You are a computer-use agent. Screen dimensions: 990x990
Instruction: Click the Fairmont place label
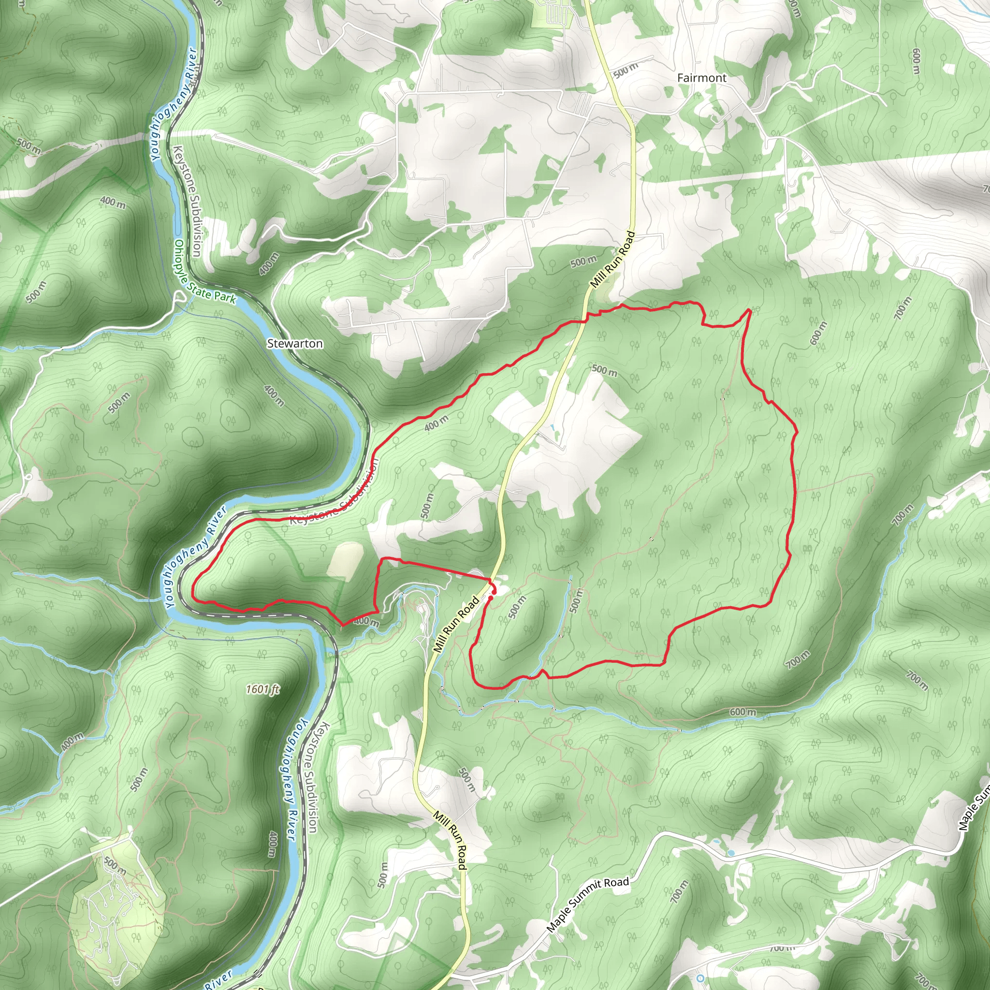click(x=701, y=78)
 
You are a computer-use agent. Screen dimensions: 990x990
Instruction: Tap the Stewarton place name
click(x=295, y=343)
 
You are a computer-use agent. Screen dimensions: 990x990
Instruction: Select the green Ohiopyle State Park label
click(x=205, y=272)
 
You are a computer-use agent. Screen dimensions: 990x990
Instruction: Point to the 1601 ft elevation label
click(x=262, y=689)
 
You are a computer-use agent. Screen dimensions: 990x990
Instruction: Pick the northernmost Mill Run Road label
click(x=612, y=259)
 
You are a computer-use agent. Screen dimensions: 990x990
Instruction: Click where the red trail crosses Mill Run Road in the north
click(x=586, y=321)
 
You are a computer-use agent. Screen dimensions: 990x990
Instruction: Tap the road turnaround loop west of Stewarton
click(x=179, y=296)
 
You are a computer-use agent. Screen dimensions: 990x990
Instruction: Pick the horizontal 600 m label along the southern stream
click(x=742, y=712)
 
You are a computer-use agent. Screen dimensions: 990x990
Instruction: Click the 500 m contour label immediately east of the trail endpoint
click(x=518, y=608)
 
